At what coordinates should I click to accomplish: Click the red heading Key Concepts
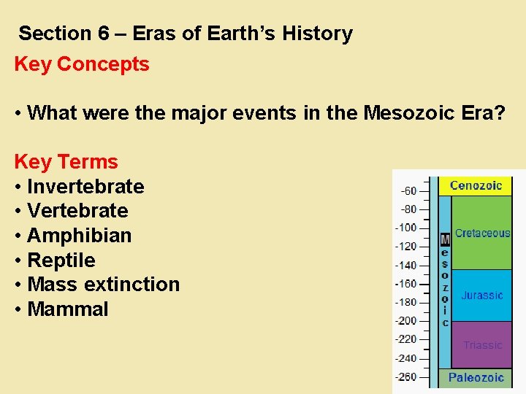81,64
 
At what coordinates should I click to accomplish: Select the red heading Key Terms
66,161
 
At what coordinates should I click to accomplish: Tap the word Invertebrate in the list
85,186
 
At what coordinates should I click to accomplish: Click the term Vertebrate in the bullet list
77,211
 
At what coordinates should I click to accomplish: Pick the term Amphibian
79,236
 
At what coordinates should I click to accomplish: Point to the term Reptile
61,260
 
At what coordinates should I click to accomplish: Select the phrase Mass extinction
103,285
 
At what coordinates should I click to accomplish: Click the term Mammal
67,309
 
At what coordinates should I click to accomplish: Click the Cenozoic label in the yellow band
476,185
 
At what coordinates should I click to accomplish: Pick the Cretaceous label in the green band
482,233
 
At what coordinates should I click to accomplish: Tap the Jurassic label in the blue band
481,295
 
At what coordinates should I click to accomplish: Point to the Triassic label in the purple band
483,345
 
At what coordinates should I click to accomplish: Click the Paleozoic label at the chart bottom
476,377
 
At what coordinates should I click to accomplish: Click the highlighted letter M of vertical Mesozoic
445,239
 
